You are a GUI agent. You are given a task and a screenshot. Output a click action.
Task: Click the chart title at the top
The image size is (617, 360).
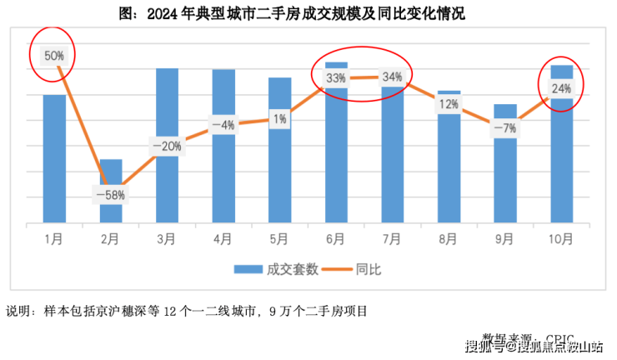tap(309, 12)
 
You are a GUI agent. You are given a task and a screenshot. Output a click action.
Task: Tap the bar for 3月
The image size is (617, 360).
tap(168, 183)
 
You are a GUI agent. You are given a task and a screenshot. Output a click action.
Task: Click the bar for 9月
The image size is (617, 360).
tap(505, 179)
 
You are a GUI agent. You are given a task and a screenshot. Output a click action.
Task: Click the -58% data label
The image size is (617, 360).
tap(111, 195)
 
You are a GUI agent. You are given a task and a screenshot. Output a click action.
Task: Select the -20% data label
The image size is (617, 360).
tap(167, 146)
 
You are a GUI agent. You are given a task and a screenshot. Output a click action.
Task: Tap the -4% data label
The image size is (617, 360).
tap(223, 126)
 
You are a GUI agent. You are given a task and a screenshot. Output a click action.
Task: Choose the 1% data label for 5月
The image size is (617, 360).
tap(280, 119)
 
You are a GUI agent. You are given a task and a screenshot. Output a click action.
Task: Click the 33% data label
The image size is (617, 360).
tap(336, 78)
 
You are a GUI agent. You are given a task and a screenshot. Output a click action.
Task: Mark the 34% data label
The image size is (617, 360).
tap(392, 77)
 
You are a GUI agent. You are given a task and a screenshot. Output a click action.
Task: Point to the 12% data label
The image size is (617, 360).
tap(449, 104)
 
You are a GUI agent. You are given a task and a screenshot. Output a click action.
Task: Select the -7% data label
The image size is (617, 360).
tap(505, 127)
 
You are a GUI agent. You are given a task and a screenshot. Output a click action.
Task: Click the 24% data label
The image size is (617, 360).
tap(561, 88)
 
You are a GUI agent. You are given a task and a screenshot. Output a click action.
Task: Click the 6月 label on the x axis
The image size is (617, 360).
tap(336, 239)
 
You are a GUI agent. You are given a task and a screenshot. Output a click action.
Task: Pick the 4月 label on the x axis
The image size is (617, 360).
tap(223, 239)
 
